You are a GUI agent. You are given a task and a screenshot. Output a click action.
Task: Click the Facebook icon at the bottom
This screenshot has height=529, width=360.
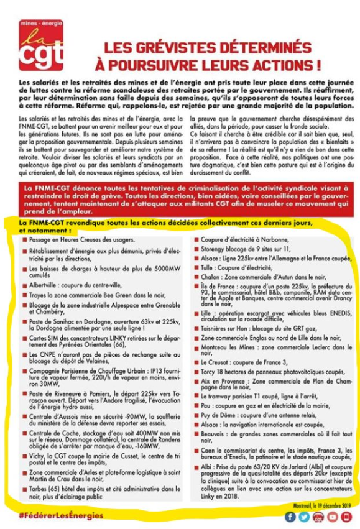(x=290, y=517)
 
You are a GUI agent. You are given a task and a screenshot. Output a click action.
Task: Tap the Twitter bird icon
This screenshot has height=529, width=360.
(x=303, y=517)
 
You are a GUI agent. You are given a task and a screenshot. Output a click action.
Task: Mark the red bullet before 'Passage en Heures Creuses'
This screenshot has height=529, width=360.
(x=24, y=240)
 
